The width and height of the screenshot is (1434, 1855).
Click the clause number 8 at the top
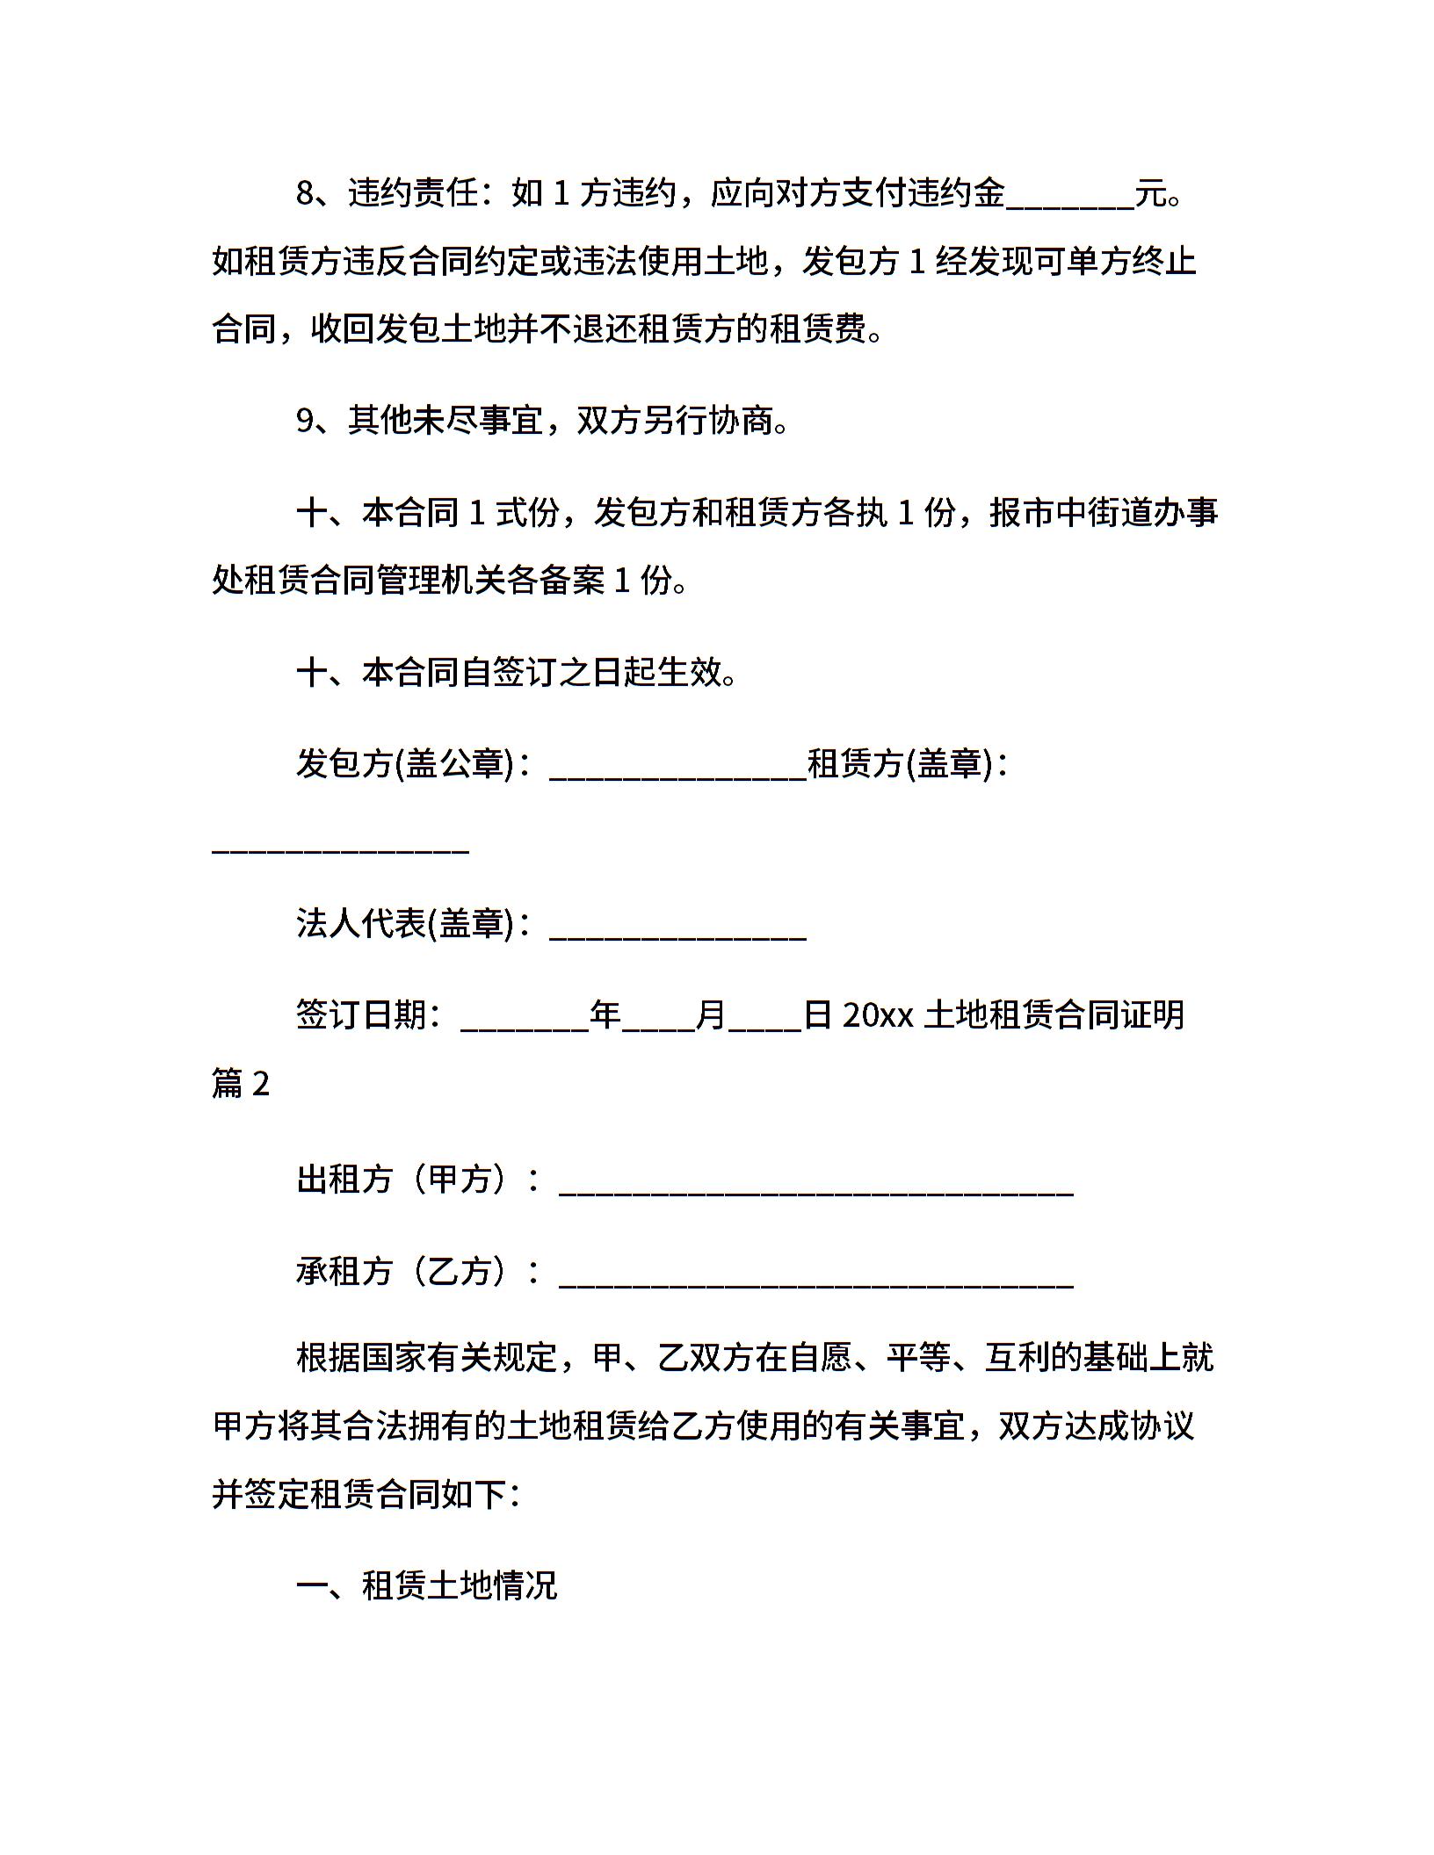305,193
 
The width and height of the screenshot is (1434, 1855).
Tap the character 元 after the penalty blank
1150,193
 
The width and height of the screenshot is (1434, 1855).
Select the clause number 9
305,421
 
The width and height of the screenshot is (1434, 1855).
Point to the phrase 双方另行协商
674,421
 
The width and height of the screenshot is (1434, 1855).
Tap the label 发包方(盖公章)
404,763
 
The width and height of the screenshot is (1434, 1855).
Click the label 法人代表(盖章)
404,923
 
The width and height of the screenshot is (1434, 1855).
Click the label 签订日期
361,1015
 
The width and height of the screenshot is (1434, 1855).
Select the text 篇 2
240,1084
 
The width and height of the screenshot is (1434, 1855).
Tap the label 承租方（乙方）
404,1271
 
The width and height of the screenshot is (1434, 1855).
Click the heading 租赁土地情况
460,1585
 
